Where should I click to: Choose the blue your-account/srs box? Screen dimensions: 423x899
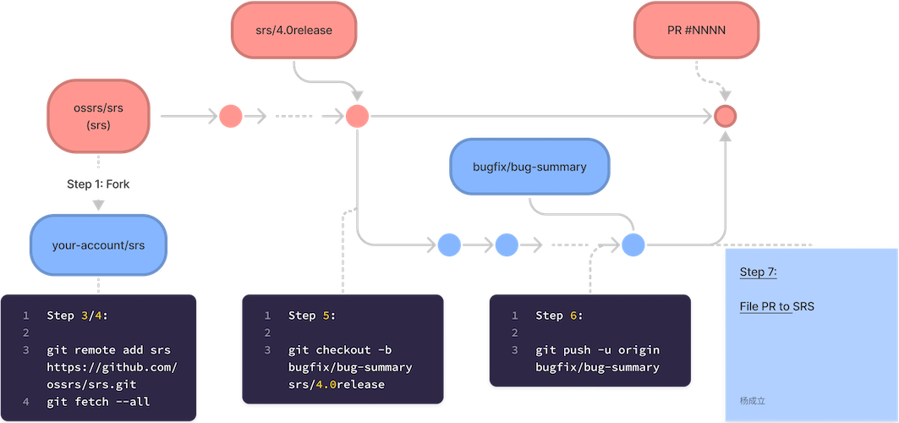click(x=98, y=245)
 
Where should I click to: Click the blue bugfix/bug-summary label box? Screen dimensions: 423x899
click(x=530, y=167)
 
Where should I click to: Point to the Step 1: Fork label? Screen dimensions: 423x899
click(x=99, y=184)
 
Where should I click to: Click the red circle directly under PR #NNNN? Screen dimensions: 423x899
click(x=725, y=116)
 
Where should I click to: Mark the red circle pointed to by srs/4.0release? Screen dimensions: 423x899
click(x=357, y=116)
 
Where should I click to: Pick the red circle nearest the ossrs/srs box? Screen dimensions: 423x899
click(x=231, y=116)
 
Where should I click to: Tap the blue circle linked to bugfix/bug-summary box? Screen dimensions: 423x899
click(x=633, y=245)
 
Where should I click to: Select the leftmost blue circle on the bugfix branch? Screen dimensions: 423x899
click(x=449, y=245)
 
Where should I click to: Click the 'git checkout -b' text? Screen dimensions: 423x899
click(x=340, y=350)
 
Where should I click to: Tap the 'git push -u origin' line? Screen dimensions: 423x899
click(x=597, y=350)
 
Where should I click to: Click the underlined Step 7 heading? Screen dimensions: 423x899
click(x=758, y=272)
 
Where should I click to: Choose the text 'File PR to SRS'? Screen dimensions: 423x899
click(x=776, y=306)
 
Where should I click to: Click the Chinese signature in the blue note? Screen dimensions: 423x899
click(x=752, y=400)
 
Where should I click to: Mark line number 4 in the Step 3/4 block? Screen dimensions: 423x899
click(x=25, y=402)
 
